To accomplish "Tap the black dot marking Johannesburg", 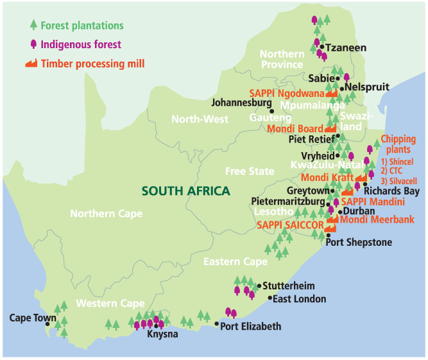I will [272, 110].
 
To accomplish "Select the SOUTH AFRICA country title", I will [185, 191].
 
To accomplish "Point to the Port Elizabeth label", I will [251, 327].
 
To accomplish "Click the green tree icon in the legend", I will [33, 26].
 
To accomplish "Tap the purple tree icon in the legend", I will [33, 44].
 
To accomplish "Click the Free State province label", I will [250, 171].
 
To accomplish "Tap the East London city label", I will [300, 299].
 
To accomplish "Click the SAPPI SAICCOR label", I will [289, 225].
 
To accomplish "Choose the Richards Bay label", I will [391, 191].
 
